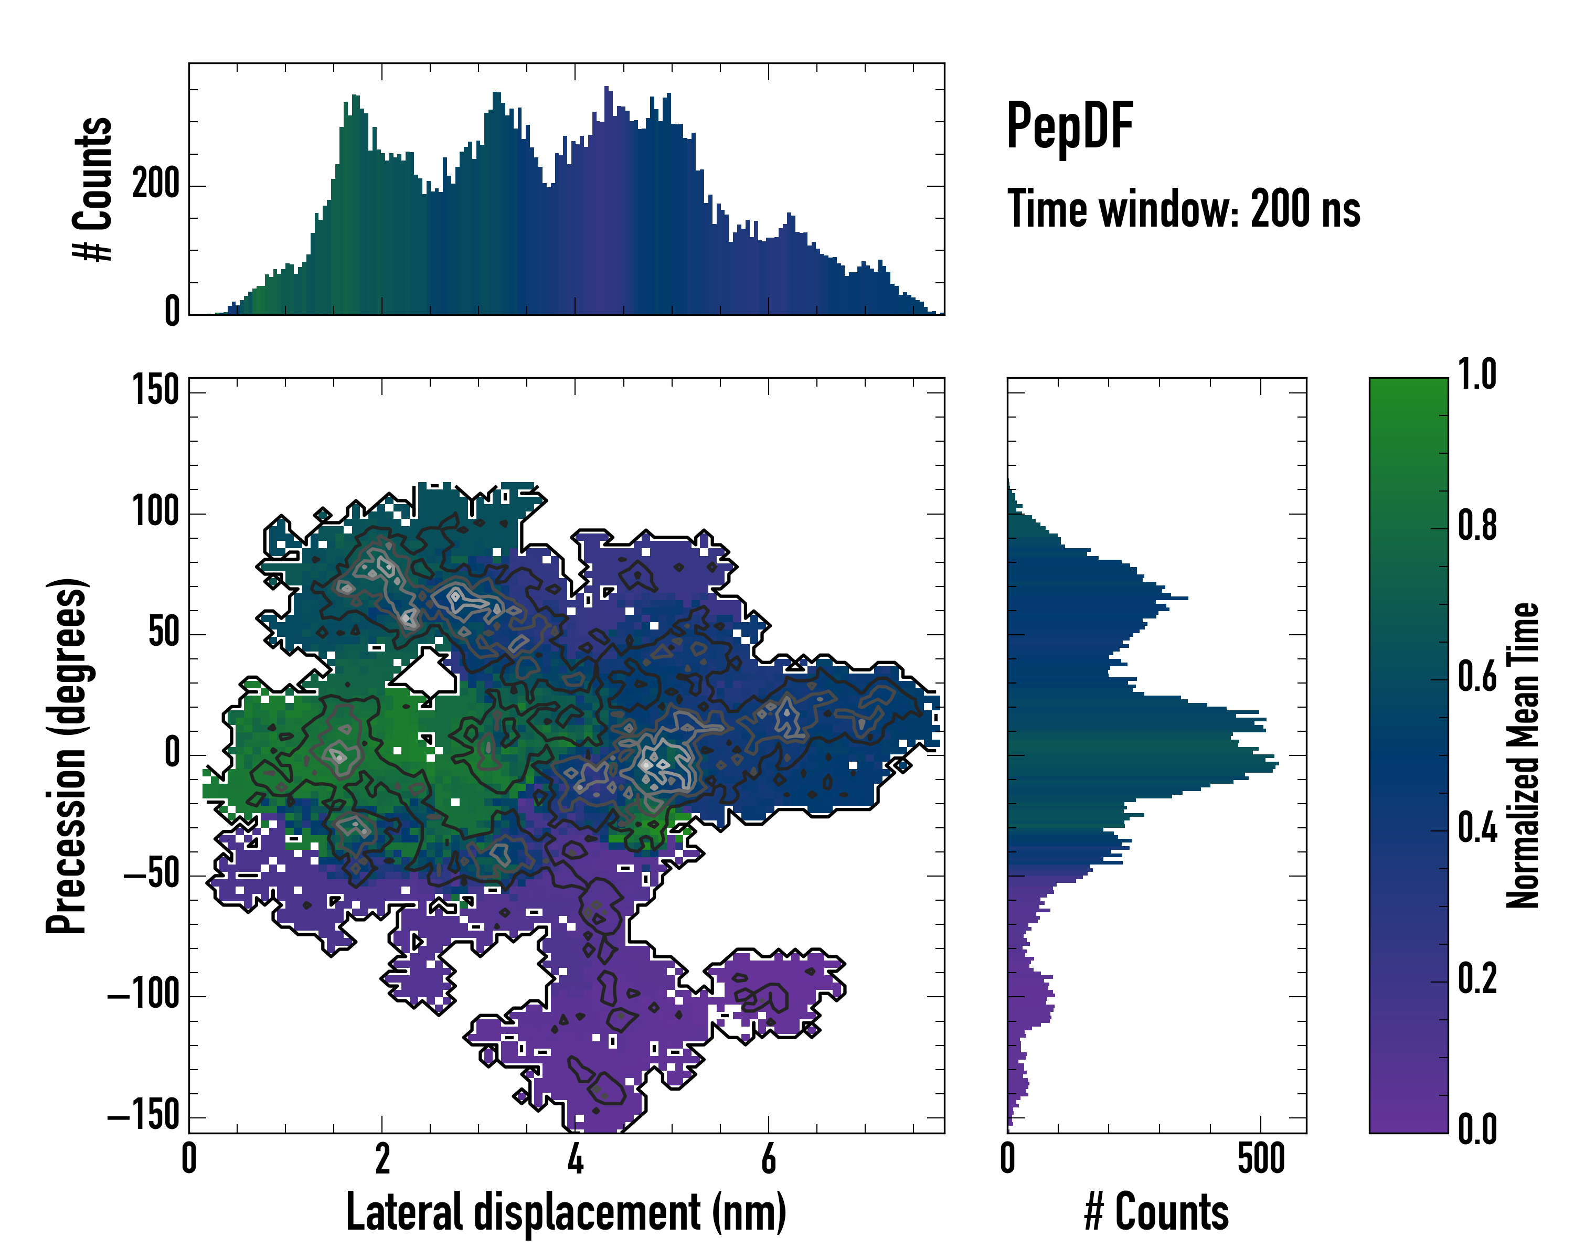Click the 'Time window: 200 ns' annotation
1184,209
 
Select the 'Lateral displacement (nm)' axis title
566,1212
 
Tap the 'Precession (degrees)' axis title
67,755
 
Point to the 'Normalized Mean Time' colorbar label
1523,755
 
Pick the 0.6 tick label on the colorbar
1477,677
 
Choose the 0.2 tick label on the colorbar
1477,979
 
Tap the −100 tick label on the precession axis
143,996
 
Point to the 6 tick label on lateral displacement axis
768,1160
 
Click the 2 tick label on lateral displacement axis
382,1160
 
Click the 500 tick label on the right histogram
1261,1160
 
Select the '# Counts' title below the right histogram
1156,1212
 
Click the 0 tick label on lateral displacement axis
189,1160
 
